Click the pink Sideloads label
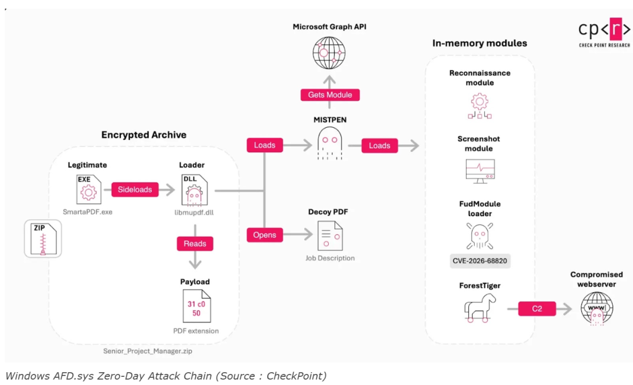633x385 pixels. pos(135,190)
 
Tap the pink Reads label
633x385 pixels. pos(195,244)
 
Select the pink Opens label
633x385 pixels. pos(265,235)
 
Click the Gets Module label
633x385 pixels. pos(330,95)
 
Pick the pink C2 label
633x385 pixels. pos(537,309)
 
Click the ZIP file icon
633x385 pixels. pos(43,239)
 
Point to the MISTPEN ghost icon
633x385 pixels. pos(330,143)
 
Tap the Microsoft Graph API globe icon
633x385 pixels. pos(329,53)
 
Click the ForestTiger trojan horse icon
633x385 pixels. pos(479,308)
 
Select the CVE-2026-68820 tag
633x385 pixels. pos(479,261)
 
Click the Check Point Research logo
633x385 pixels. pos(604,32)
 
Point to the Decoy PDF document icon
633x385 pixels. pos(330,236)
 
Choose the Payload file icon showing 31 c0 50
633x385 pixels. pos(196,306)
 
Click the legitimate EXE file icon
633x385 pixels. pos(89,190)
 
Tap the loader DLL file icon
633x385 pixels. pos(194,190)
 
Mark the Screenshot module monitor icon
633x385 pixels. pos(480,171)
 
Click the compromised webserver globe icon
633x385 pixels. pos(597,309)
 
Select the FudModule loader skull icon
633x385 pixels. pos(479,236)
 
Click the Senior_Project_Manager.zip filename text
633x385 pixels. pos(148,351)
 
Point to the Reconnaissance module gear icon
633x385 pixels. pos(479,105)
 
